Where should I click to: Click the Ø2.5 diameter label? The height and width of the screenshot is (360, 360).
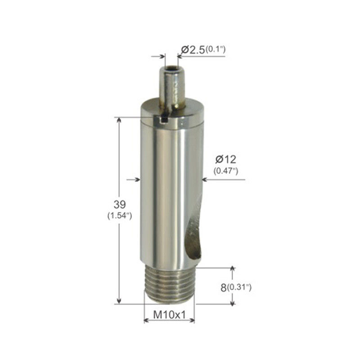193,50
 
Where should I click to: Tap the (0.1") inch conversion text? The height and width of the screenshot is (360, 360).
216,49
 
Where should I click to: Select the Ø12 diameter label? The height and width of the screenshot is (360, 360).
226,159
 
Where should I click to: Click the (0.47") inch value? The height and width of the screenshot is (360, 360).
226,171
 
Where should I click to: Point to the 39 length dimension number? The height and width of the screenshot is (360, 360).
120,204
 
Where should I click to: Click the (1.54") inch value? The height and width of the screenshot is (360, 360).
120,216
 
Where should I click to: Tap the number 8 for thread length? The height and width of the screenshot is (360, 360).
223,288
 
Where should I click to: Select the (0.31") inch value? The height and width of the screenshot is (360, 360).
239,288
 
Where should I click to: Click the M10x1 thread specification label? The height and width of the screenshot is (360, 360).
169,315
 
